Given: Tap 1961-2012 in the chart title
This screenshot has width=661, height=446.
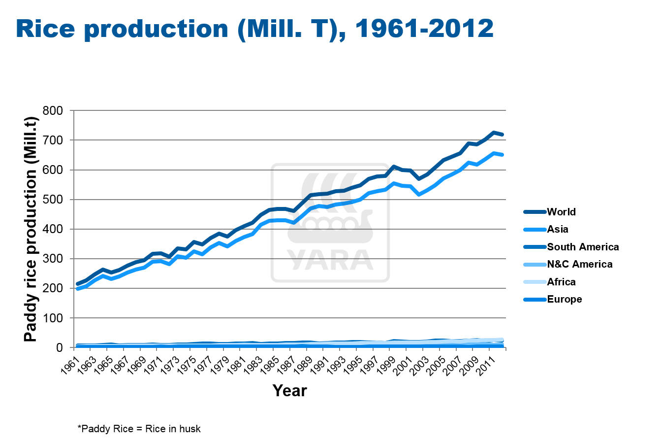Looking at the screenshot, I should [x=424, y=29].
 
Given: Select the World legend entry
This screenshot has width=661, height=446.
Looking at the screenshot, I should [x=561, y=212].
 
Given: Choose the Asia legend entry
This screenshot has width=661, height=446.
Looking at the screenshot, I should [x=558, y=229].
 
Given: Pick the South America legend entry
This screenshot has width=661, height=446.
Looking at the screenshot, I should [x=583, y=247].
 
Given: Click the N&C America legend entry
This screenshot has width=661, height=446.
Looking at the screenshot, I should [x=580, y=264].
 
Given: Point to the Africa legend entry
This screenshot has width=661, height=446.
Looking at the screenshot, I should [x=561, y=282].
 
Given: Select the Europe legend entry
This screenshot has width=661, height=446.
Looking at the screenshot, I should [x=564, y=299].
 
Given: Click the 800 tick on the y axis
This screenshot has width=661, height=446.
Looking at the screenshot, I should [x=53, y=111].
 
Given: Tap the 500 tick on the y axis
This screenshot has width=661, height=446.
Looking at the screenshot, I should [x=53, y=200].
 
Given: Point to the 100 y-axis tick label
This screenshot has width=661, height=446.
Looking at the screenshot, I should [x=53, y=318].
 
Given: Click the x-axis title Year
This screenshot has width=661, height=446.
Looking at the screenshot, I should [x=289, y=391].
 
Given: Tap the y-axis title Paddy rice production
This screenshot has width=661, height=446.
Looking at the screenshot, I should [x=31, y=229].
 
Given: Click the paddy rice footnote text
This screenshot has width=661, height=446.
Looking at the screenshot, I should [x=139, y=429].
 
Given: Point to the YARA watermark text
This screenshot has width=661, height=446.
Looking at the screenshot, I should [x=330, y=260].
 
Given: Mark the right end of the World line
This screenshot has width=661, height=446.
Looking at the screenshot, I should [x=502, y=135].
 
